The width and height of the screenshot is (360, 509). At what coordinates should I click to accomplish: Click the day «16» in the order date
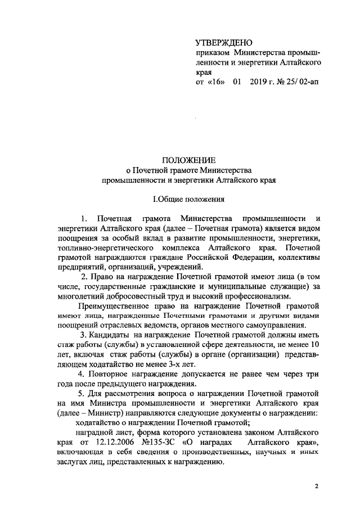click(x=218, y=83)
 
